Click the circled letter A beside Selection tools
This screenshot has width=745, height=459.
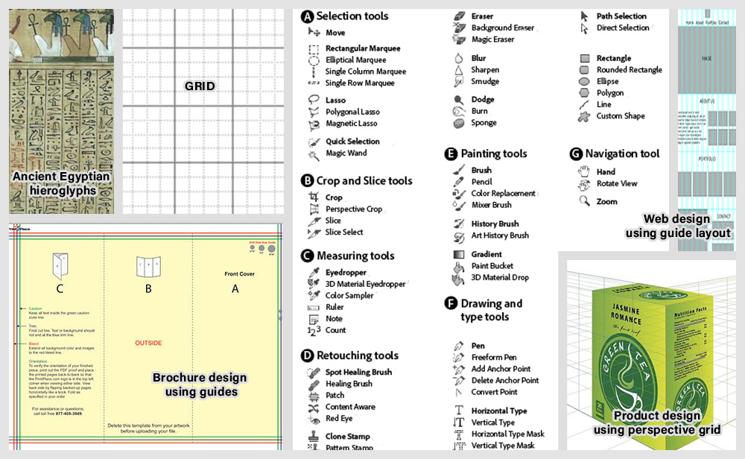(x=306, y=16)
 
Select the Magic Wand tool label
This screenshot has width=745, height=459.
(x=346, y=153)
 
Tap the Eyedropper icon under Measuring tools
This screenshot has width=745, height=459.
(x=314, y=273)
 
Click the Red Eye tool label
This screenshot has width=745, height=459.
(x=339, y=419)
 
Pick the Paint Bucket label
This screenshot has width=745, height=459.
(x=492, y=266)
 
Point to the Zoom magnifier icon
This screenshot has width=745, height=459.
(x=585, y=201)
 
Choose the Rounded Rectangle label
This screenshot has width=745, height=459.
(x=629, y=70)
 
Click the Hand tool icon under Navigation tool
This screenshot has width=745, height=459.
(x=585, y=171)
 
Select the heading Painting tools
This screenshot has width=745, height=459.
(x=493, y=153)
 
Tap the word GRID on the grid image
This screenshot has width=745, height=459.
(x=200, y=86)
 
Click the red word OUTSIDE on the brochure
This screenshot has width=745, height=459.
(x=149, y=343)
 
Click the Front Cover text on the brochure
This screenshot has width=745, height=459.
(x=240, y=274)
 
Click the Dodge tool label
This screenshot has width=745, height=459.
(x=482, y=100)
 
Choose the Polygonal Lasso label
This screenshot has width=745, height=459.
(x=352, y=112)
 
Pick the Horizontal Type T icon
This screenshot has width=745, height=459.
(x=459, y=411)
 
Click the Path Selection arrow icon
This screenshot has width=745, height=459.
(x=584, y=16)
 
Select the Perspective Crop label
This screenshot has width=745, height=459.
(x=353, y=209)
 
